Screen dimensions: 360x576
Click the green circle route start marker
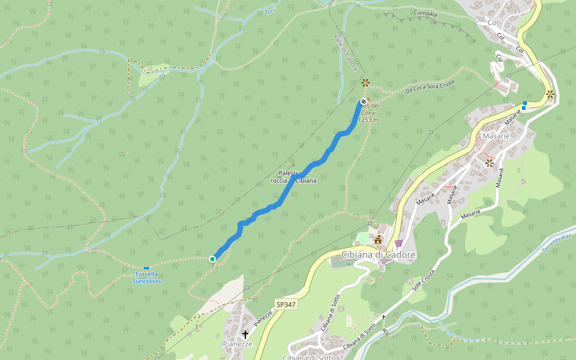212,259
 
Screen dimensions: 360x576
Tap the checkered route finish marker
364,102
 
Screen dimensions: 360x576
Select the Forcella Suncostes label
147,278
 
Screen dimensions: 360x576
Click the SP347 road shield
286,305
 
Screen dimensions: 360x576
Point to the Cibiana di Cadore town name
378,255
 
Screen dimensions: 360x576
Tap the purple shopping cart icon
398,243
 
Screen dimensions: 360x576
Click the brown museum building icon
379,241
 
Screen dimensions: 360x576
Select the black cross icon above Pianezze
245,334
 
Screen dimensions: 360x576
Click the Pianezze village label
238,344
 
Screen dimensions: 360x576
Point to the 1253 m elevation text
368,120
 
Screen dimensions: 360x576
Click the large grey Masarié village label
496,136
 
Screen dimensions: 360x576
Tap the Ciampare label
425,13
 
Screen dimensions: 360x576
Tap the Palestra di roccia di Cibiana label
293,177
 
